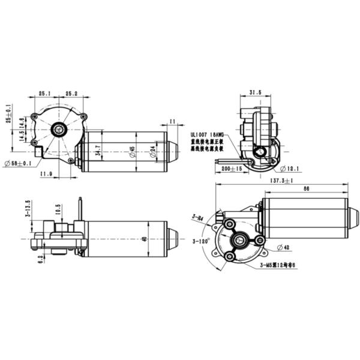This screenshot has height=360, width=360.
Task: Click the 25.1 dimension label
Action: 45,94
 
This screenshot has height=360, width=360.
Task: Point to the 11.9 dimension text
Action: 46,174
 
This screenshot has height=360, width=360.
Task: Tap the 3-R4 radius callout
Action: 197,216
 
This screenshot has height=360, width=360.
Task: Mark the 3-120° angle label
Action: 201,241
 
